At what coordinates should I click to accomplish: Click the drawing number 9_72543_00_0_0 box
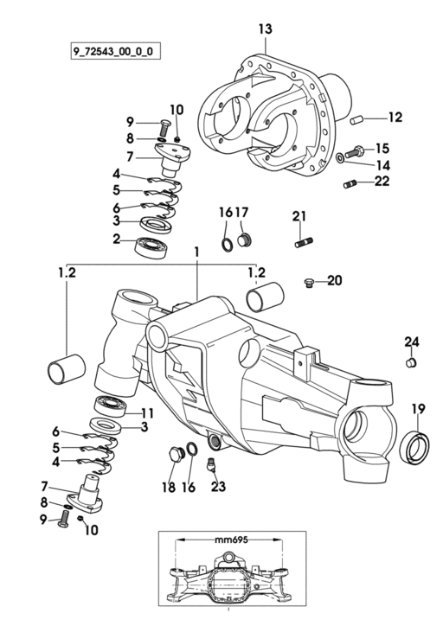(x=115, y=50)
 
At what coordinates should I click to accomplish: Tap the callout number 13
(x=265, y=29)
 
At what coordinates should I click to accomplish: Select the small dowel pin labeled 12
(x=356, y=119)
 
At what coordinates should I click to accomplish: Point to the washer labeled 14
(x=339, y=157)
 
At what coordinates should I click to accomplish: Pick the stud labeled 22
(x=350, y=184)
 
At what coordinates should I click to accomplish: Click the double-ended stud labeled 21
(x=304, y=242)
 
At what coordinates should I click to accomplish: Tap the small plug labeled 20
(x=309, y=283)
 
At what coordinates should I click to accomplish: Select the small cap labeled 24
(x=411, y=363)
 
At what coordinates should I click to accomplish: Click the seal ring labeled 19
(x=417, y=447)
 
